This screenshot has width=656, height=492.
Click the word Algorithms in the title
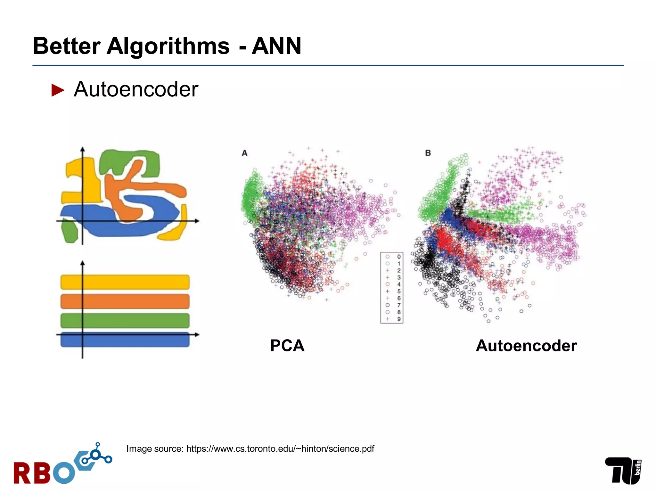tap(168, 46)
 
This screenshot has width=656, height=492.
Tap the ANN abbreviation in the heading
tap(276, 46)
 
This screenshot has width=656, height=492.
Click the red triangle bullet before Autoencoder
tap(58, 90)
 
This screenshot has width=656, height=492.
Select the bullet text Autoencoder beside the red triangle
tap(136, 89)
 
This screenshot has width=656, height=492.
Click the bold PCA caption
tap(287, 346)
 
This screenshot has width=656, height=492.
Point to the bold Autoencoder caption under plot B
tap(526, 346)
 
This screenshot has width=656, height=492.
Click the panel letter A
tap(245, 153)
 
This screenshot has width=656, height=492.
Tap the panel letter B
tap(428, 153)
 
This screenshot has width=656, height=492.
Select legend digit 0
tap(399, 257)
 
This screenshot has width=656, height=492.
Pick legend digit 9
tap(399, 319)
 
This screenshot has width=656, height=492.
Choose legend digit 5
tap(399, 291)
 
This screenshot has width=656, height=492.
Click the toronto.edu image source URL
tap(280, 449)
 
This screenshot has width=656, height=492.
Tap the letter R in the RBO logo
tap(22, 473)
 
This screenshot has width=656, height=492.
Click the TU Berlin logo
tap(623, 470)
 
